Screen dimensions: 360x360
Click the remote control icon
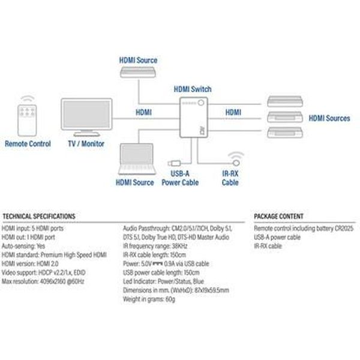pyautogui.click(x=27, y=118)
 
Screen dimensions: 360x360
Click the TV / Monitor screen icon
pyautogui.click(x=87, y=116)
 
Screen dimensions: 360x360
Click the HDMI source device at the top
pyautogui.click(x=139, y=72)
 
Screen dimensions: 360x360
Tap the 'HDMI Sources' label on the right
pyautogui.click(x=329, y=118)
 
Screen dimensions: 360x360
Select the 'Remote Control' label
pyautogui.click(x=28, y=144)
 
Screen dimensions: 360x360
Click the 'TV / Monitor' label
pyautogui.click(x=83, y=144)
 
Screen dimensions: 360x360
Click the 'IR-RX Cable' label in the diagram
pyautogui.click(x=230, y=178)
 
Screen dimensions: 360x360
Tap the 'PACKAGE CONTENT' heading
pyautogui.click(x=278, y=216)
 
